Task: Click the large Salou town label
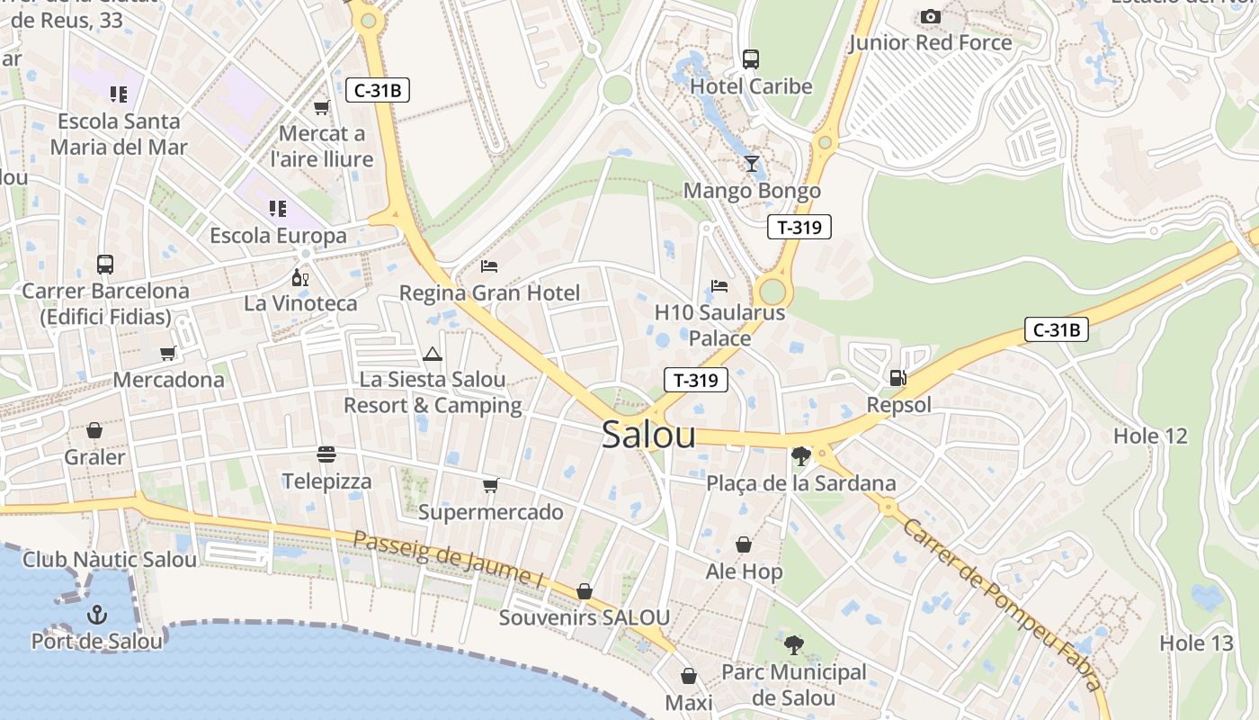[648, 435]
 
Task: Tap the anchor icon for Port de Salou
[96, 615]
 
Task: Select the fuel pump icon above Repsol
[897, 378]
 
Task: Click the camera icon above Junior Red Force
[931, 16]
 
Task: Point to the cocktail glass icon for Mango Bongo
[752, 163]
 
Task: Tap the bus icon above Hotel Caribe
[751, 59]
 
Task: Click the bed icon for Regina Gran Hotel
[489, 265]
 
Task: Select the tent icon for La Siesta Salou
[433, 354]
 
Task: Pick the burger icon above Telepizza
[326, 454]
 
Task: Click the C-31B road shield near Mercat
[378, 89]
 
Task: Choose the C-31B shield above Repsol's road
[1057, 329]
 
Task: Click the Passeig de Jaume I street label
[448, 559]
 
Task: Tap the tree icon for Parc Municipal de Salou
[793, 644]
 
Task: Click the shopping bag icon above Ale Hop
[744, 544]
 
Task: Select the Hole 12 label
[1150, 436]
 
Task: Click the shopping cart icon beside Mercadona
[167, 353]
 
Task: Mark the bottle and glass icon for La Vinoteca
[300, 277]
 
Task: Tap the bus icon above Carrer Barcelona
[105, 265]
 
